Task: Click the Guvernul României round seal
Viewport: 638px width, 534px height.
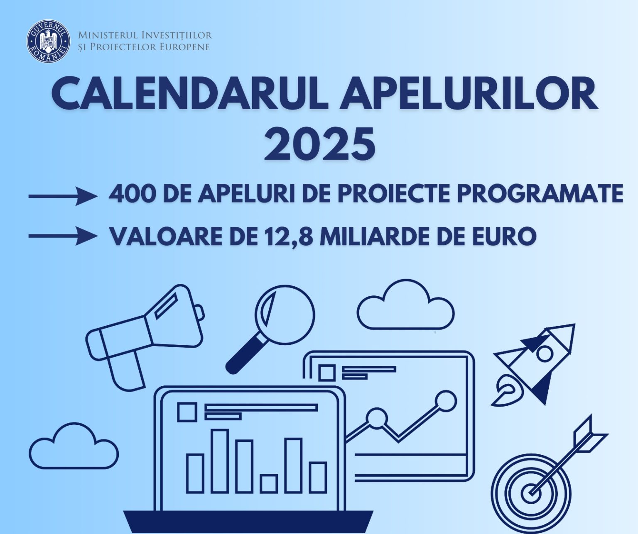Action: click(49, 41)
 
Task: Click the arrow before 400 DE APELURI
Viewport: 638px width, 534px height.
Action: click(62, 196)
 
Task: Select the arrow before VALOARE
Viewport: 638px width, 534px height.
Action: click(62, 236)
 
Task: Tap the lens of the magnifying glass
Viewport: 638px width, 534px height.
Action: click(285, 315)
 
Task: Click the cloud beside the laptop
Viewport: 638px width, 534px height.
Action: click(74, 448)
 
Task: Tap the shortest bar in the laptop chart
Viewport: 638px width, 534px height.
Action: click(269, 483)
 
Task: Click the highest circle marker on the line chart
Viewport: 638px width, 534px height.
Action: click(447, 401)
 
